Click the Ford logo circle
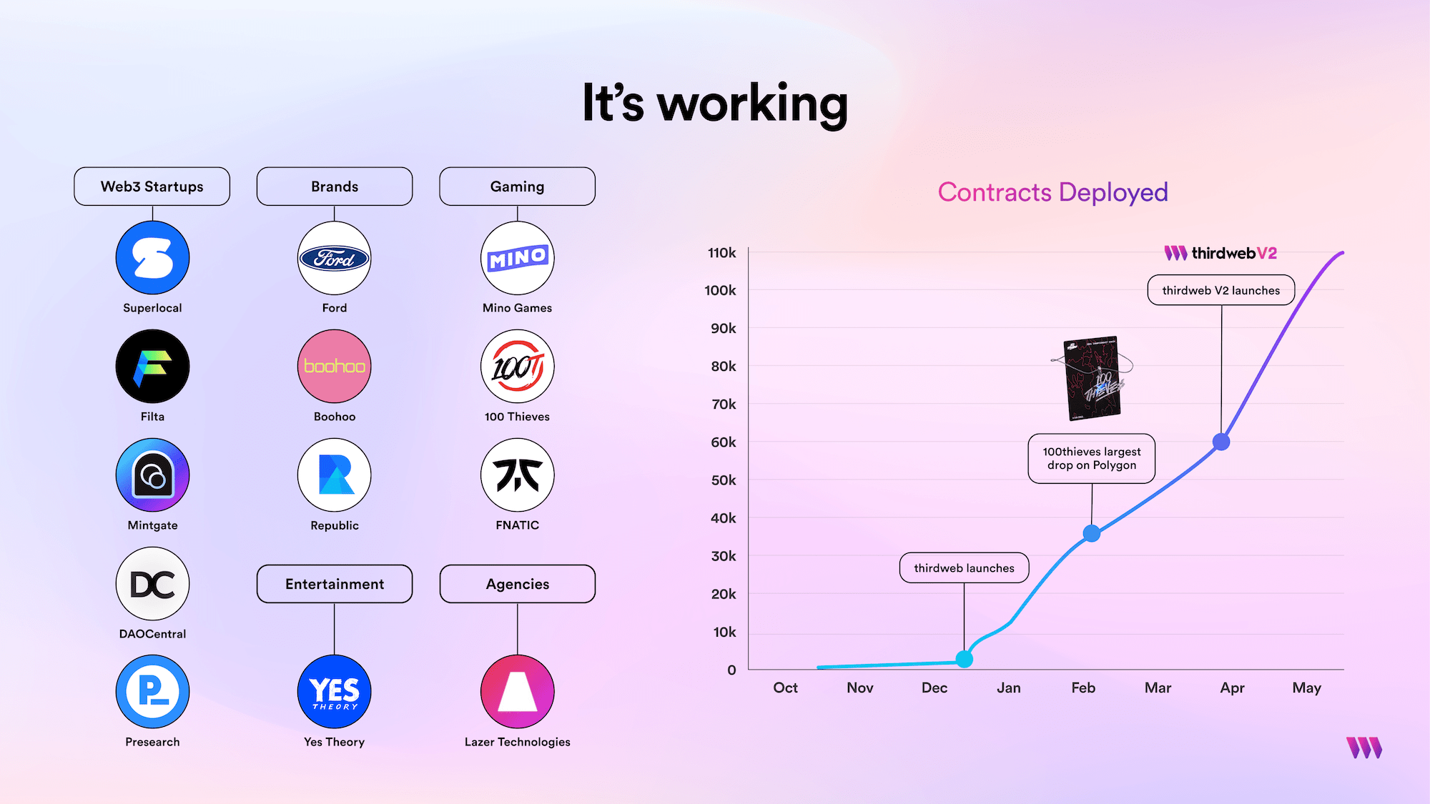click(x=334, y=258)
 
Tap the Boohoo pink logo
click(x=334, y=367)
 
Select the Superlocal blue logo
click(x=152, y=258)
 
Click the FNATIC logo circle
click(x=517, y=475)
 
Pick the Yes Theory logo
click(x=334, y=692)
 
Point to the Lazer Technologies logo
click(x=517, y=692)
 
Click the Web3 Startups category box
click(x=152, y=187)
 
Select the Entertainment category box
click(x=334, y=584)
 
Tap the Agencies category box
click(x=517, y=584)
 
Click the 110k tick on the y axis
click(x=722, y=253)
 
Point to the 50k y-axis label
click(x=724, y=480)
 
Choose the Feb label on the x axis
click(x=1083, y=688)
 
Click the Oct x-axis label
click(x=785, y=688)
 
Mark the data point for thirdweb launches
click(x=964, y=659)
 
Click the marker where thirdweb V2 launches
click(x=1221, y=442)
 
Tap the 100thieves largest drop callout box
click(x=1091, y=459)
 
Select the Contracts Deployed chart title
click(x=1052, y=192)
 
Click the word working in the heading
click(x=752, y=104)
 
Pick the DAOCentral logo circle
click(x=152, y=584)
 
